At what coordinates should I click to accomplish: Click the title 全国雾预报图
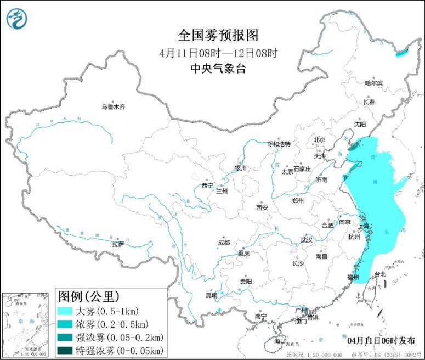tap(218, 36)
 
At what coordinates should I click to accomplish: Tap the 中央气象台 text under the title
tap(218, 69)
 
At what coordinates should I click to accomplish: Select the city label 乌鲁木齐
tap(112, 107)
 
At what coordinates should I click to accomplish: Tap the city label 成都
tap(223, 243)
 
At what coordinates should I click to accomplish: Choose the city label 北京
tap(319, 140)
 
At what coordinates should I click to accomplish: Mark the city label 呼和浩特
tap(279, 144)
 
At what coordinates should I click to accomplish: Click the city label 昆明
tap(211, 296)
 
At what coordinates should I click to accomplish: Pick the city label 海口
tap(280, 341)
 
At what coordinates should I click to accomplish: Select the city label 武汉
tap(306, 240)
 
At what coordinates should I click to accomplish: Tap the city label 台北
tap(379, 274)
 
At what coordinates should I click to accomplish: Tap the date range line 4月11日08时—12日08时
tap(218, 53)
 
